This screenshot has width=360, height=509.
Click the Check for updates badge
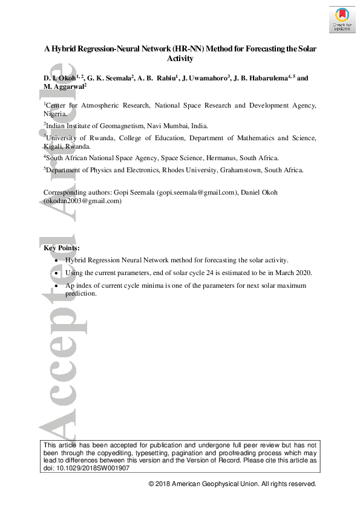(341, 19)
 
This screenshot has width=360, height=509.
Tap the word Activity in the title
(180, 59)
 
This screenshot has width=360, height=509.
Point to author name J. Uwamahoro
(205, 78)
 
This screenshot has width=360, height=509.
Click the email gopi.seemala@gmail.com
(195, 193)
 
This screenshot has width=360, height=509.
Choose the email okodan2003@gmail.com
(83, 201)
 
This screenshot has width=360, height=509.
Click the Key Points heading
(61, 248)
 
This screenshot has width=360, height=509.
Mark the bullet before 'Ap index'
(56, 285)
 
